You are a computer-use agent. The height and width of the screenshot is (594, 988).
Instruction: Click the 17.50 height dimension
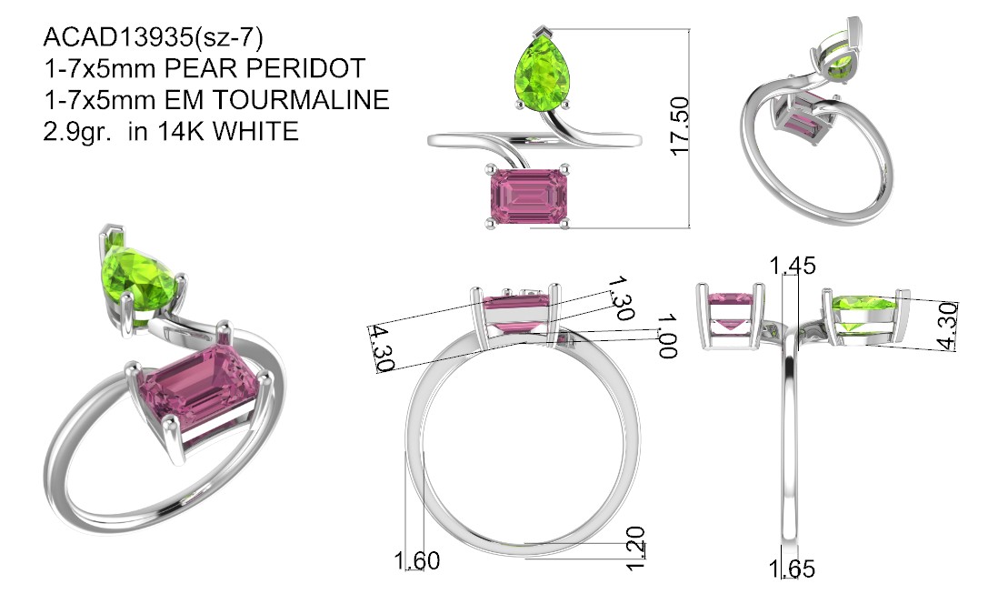[680, 126]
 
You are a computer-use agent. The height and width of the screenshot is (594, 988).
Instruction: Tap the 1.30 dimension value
[622, 297]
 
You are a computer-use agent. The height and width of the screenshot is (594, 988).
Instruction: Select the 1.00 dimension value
[667, 336]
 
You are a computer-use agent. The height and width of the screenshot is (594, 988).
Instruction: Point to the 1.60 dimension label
[416, 560]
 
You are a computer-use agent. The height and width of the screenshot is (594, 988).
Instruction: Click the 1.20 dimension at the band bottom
[635, 549]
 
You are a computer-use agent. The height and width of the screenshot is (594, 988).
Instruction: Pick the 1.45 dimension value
[793, 266]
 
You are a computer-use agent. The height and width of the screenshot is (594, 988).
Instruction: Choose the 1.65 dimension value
[792, 569]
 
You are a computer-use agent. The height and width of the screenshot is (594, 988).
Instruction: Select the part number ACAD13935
[119, 37]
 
